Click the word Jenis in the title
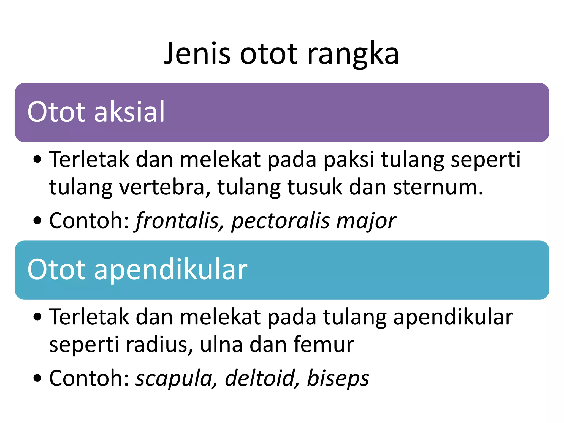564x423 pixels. pyautogui.click(x=197, y=54)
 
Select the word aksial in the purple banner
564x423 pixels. pyautogui.click(x=129, y=112)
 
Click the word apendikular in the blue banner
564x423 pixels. pyautogui.click(x=170, y=270)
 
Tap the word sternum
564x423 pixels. pyautogui.click(x=438, y=187)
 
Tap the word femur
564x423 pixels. pyautogui.click(x=324, y=344)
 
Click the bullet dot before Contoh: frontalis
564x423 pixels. pyautogui.click(x=37, y=221)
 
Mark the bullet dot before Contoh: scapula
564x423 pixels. pyautogui.click(x=37, y=378)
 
